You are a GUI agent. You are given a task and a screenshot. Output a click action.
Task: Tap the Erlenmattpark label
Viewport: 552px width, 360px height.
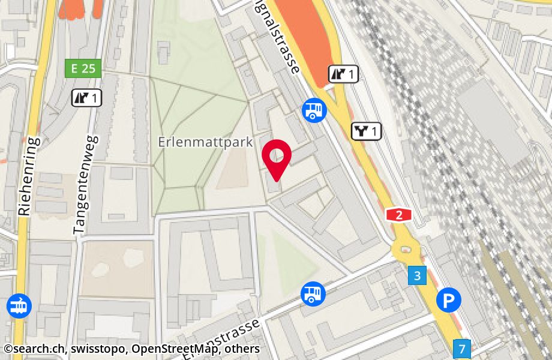205,143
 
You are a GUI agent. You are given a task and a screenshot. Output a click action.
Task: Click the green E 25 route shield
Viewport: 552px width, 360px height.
83,68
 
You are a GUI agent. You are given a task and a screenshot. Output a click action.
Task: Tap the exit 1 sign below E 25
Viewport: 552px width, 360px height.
86,97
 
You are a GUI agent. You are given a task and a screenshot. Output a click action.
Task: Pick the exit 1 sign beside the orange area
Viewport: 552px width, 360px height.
343,74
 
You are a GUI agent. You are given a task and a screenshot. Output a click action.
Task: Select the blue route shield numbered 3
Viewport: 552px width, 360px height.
417,275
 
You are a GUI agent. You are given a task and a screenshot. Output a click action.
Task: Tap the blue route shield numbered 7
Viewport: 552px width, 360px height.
462,348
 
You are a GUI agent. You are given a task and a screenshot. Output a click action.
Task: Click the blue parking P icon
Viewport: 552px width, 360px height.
449,300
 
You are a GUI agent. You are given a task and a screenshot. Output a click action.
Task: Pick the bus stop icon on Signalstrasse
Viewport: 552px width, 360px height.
314,110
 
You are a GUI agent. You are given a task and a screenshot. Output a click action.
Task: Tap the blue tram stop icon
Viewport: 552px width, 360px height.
19,306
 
